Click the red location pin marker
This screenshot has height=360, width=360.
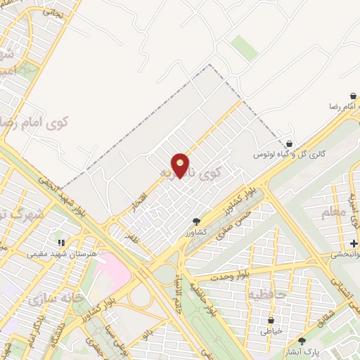[181, 165]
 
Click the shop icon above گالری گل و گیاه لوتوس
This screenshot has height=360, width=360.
[288, 143]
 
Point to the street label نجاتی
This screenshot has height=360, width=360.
[53, 12]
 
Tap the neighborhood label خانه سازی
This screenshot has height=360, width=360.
[56, 299]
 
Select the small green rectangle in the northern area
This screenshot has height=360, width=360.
[244, 47]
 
